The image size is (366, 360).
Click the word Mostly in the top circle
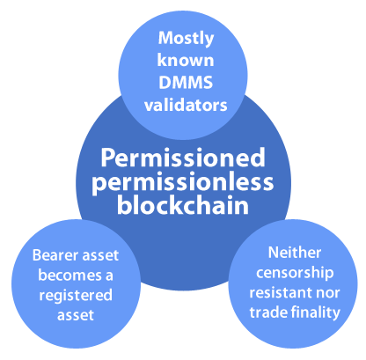pos(186,39)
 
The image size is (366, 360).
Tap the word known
pos(186,60)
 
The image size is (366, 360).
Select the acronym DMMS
pos(186,82)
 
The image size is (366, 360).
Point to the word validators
pos(186,105)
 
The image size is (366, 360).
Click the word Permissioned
pos(183,158)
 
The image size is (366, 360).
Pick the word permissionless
pos(183,183)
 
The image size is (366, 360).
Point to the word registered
pos(76,296)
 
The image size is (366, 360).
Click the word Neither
pos(295,253)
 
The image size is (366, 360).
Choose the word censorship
pos(295,273)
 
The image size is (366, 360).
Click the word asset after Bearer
pos(100,256)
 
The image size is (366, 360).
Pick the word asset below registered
pos(76,316)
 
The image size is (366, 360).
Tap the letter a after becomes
pos(109,276)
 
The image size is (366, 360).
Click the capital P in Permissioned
pos(107,158)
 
